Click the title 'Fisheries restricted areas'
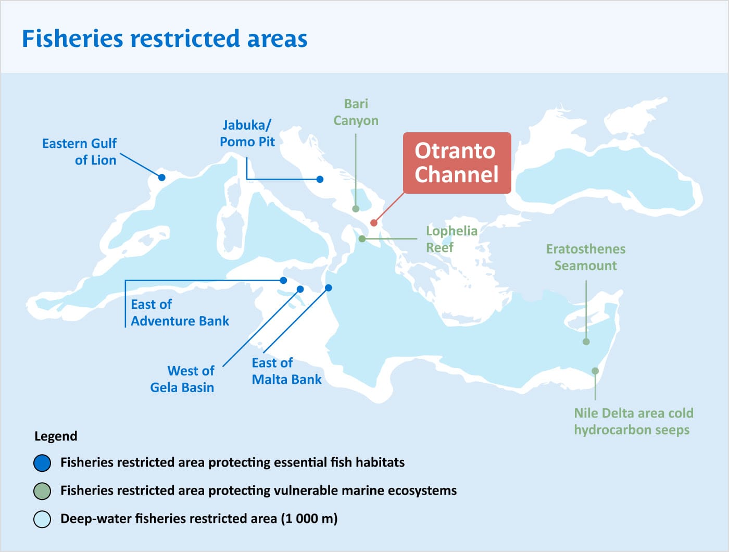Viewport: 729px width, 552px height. (165, 39)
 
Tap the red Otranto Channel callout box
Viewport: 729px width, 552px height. (457, 162)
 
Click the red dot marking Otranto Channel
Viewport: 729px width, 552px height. (373, 223)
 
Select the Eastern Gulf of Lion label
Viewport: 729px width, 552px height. (80, 152)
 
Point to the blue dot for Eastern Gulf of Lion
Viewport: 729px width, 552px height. (162, 178)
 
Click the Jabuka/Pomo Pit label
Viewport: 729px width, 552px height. (247, 133)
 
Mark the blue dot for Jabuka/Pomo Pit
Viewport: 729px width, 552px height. (320, 179)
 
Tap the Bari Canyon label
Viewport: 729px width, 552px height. (356, 112)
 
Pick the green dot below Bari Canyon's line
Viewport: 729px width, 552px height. (356, 209)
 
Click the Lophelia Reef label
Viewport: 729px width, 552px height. (451, 239)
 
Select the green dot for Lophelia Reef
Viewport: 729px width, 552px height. (362, 239)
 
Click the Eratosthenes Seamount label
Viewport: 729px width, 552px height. (585, 257)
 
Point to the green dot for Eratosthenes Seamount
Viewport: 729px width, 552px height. (586, 342)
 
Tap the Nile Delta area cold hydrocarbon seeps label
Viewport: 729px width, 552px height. (633, 421)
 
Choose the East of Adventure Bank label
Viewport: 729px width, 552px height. (180, 312)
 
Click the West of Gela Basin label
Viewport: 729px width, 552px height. (182, 379)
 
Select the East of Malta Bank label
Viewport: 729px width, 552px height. (286, 371)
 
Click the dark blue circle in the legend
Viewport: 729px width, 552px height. (42, 462)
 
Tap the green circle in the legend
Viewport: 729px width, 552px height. (42, 491)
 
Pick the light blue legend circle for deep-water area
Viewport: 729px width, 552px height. (42, 519)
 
